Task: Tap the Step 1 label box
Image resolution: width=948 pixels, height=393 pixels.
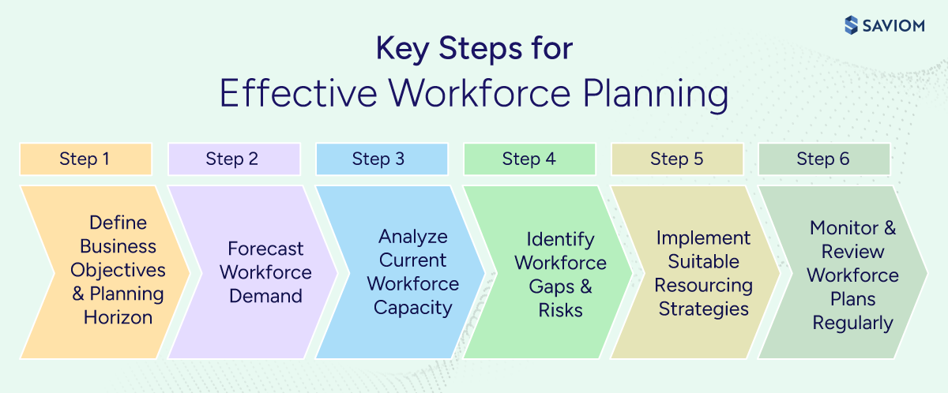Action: [85, 159]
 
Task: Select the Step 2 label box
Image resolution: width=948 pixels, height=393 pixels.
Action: [233, 159]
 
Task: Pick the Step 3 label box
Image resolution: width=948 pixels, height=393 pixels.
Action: [381, 159]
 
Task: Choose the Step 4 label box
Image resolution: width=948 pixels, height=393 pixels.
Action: [529, 159]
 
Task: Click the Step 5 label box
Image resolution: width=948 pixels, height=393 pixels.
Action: [677, 159]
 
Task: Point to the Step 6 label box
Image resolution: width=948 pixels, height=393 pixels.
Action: [824, 159]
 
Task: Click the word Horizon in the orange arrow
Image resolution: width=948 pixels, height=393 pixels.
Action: [118, 317]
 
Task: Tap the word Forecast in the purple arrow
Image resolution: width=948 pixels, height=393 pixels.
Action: [265, 249]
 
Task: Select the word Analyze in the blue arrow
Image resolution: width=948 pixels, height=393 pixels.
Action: [412, 237]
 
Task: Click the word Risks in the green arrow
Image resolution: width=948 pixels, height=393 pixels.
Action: [560, 309]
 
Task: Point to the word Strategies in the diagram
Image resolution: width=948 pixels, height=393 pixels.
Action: [703, 308]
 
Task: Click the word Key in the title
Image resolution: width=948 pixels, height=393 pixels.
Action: [400, 48]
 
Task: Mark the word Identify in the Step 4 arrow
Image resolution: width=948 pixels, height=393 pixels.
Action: [560, 238]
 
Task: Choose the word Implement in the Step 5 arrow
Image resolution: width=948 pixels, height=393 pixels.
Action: [703, 237]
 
